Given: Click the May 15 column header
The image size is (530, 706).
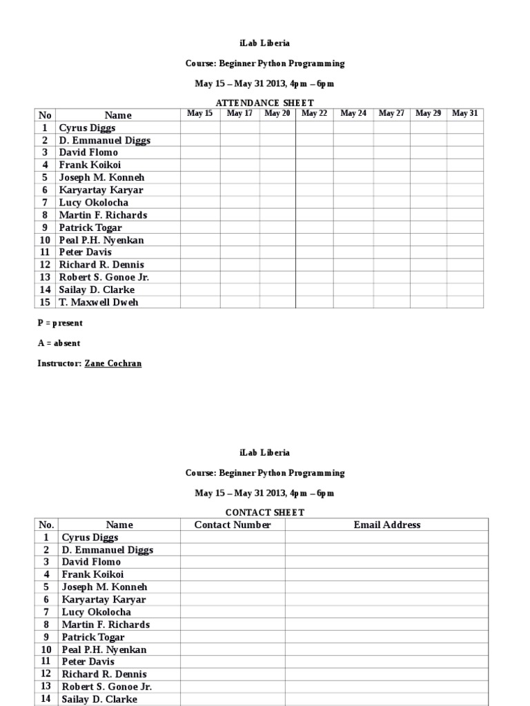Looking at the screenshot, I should click(200, 114).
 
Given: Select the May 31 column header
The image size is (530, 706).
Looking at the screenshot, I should click(464, 114).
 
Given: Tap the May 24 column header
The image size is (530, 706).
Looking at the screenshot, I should click(353, 114).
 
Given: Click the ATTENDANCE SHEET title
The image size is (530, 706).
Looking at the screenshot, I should click(265, 103).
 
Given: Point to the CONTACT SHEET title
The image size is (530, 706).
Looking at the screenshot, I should click(265, 512).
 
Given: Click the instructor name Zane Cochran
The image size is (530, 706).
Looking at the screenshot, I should click(112, 363).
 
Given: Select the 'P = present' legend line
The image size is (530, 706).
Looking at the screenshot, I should click(60, 323).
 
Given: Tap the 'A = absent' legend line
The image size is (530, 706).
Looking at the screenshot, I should click(59, 343).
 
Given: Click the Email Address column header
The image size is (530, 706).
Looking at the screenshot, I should click(386, 525).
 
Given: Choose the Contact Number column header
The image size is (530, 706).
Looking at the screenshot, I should click(233, 525).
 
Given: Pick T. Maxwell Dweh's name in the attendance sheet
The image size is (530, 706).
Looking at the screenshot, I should click(98, 302).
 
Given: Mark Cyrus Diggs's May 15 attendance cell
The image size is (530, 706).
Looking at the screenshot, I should click(200, 128).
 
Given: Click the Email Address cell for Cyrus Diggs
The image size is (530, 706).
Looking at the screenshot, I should click(386, 537).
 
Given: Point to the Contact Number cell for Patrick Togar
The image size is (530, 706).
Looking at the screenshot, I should click(233, 637).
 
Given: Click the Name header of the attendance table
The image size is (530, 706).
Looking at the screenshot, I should click(118, 115).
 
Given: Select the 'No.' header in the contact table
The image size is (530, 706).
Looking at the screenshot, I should click(47, 525).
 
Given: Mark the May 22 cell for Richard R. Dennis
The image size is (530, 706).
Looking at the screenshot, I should click(314, 265).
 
